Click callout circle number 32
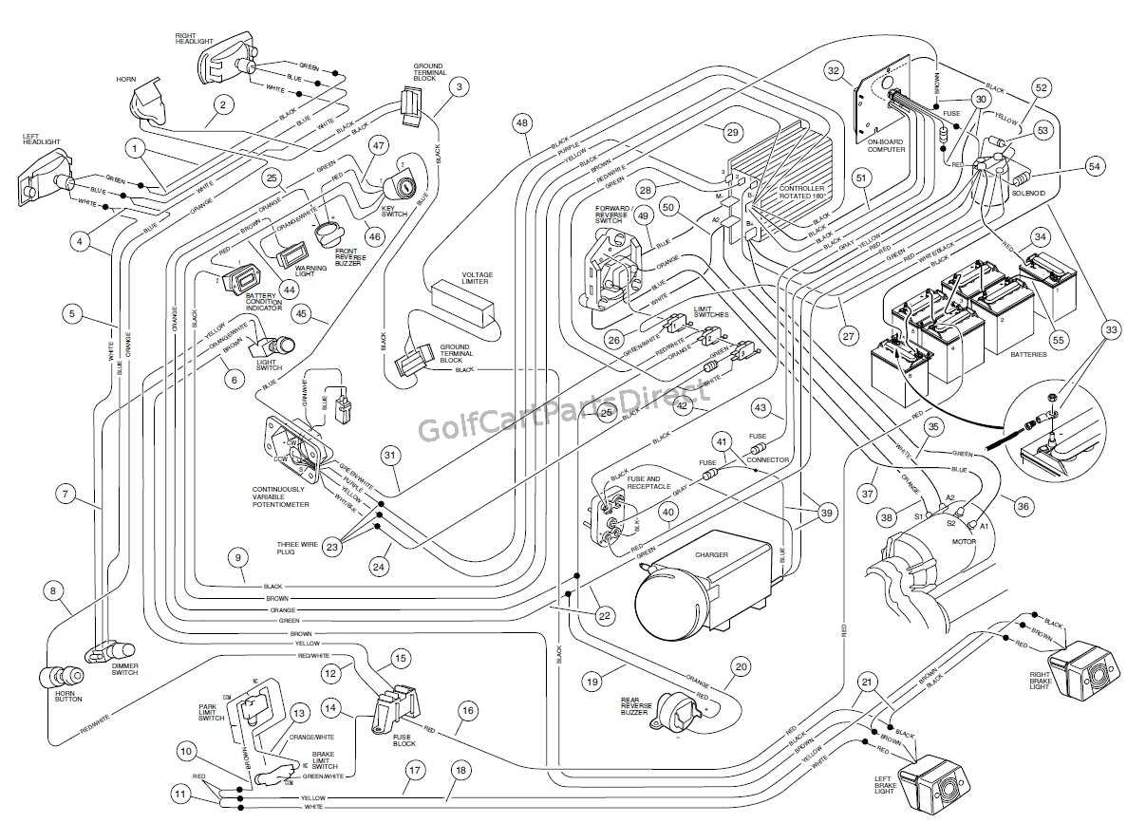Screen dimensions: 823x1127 (834, 70)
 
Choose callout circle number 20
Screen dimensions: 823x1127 (741, 666)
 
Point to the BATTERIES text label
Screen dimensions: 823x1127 (1028, 355)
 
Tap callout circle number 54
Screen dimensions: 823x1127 (1095, 167)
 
